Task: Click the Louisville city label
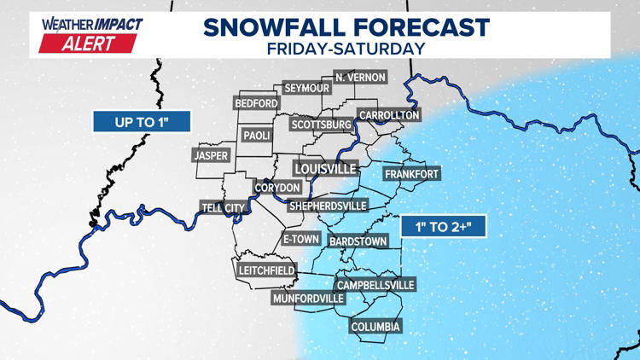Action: click(x=325, y=169)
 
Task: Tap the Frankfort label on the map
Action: click(x=411, y=174)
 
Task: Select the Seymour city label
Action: click(x=306, y=89)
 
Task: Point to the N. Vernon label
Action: click(x=360, y=78)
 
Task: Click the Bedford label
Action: click(x=256, y=103)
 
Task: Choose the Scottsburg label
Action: click(x=322, y=125)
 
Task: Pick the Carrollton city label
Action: click(x=388, y=115)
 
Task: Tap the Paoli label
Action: click(x=257, y=136)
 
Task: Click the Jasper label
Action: click(x=211, y=156)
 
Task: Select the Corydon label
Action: click(x=277, y=188)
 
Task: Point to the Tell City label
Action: click(x=223, y=207)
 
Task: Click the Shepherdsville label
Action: click(x=328, y=206)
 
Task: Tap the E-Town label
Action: click(x=300, y=240)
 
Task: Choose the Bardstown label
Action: click(x=358, y=241)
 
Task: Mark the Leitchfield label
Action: click(x=266, y=270)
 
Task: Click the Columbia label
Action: click(x=375, y=327)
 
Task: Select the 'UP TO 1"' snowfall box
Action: click(x=142, y=123)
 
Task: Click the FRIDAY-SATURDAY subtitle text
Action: click(x=346, y=48)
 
